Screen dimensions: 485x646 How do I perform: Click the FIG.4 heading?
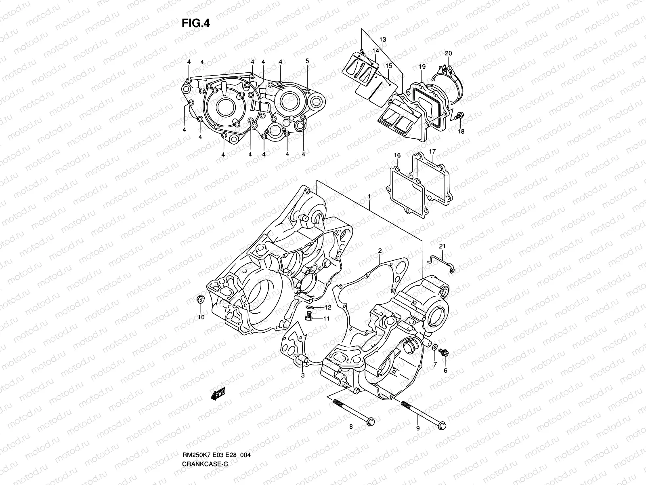196,23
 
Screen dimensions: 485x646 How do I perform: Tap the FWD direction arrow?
218,394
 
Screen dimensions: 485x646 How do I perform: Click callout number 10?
201,317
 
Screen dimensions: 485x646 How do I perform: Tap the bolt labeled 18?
458,117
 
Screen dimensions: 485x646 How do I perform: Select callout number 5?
307,61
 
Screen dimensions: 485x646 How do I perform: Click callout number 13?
383,39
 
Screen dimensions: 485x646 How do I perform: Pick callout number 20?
448,53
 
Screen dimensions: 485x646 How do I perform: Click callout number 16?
397,156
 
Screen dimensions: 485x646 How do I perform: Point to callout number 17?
432,152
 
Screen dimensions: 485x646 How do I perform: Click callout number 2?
380,251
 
